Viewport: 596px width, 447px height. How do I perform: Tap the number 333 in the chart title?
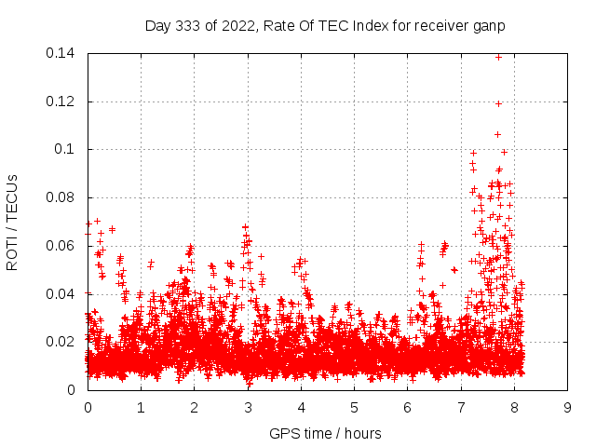pos(187,26)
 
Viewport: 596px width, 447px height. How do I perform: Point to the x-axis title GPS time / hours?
pos(325,433)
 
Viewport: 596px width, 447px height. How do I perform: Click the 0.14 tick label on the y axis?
pos(61,53)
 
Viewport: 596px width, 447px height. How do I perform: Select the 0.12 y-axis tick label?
pos(61,102)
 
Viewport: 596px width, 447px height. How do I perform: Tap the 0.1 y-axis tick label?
pos(65,149)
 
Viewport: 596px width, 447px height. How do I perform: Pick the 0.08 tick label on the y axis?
pos(61,197)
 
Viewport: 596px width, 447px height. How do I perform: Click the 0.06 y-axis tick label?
pos(61,246)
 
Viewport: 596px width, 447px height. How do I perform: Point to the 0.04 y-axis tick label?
pos(61,294)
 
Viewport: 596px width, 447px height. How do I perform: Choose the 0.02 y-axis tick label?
pos(61,342)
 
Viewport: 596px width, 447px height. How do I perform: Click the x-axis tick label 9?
pos(567,408)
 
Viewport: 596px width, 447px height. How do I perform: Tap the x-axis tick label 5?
pos(354,408)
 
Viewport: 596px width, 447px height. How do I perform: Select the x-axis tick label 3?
pos(248,408)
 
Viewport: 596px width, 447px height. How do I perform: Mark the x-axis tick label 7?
pos(461,408)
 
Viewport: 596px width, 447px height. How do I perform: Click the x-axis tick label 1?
pos(141,408)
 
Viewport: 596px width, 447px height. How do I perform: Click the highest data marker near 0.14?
pos(498,57)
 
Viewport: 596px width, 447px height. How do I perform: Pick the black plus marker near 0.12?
pos(498,103)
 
